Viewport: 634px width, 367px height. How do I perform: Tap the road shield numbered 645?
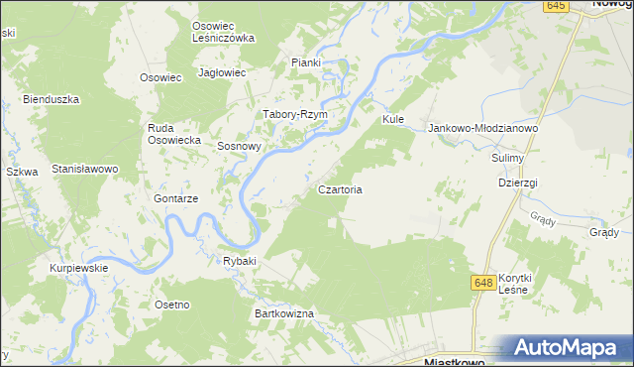coord(556,6)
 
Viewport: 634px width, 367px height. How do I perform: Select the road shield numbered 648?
coord(483,283)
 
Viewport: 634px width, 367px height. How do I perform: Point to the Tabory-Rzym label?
coord(294,114)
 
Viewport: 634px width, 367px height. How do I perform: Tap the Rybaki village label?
coord(240,261)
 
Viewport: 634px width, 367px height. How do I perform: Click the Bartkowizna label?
coord(284,313)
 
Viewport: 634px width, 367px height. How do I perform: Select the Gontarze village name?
coord(176,198)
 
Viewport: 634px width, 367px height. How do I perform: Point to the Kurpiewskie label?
coord(79,268)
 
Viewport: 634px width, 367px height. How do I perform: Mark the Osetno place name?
coord(171,304)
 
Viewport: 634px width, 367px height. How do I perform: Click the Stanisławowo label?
coord(85,169)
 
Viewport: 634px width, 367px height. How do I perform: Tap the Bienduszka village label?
coord(51,99)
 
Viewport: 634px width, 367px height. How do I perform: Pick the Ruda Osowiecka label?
coord(174,134)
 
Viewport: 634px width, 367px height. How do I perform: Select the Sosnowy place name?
coord(239,146)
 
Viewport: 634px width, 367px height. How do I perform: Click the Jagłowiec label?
coord(222,72)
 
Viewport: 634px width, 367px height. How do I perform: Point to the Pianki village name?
coord(306,62)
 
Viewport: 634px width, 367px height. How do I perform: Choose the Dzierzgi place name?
coord(517,183)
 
